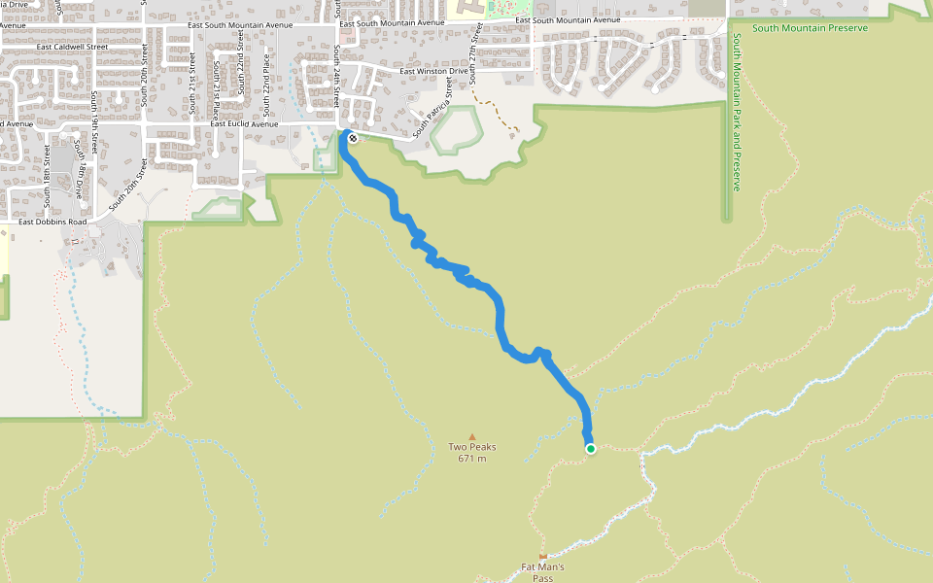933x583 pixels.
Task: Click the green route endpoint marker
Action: click(x=590, y=448)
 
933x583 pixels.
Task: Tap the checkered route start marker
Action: click(x=352, y=138)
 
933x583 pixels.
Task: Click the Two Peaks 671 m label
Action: click(x=472, y=453)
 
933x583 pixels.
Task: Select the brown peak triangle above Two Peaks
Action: click(x=472, y=437)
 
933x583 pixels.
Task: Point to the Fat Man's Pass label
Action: click(x=542, y=572)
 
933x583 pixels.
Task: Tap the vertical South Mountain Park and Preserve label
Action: click(x=737, y=112)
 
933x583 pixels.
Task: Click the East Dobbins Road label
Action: click(x=52, y=223)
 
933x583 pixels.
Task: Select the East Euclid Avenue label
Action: click(x=244, y=124)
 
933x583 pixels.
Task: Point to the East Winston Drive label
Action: click(x=434, y=71)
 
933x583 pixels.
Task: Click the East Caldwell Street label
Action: click(x=72, y=47)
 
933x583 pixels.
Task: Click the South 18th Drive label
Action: click(x=78, y=167)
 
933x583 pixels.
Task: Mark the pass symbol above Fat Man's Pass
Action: click(x=542, y=557)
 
